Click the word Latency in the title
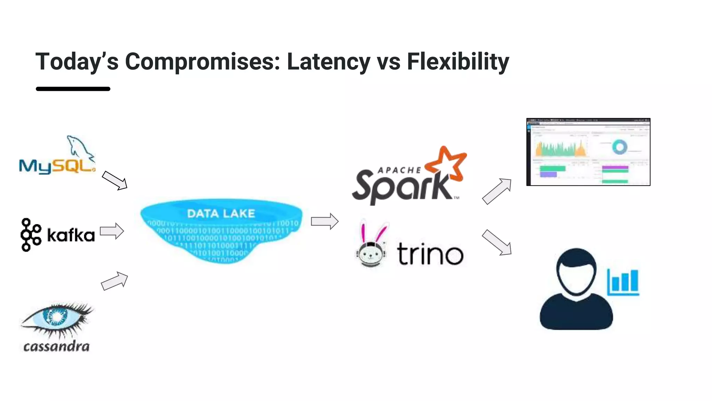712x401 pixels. click(x=329, y=62)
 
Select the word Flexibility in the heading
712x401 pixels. click(x=458, y=62)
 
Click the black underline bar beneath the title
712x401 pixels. click(x=73, y=89)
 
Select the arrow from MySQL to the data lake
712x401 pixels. click(x=115, y=180)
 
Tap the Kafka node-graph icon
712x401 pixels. click(x=30, y=235)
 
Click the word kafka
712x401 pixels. click(x=71, y=236)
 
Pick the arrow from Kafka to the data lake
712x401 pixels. click(x=112, y=231)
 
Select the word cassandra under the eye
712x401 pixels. click(x=56, y=346)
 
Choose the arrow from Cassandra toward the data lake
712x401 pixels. click(x=115, y=281)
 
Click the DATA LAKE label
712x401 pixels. click(x=221, y=213)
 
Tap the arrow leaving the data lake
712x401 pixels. click(x=325, y=221)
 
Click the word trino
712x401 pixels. click(x=430, y=254)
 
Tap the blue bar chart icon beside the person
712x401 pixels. click(x=623, y=282)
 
